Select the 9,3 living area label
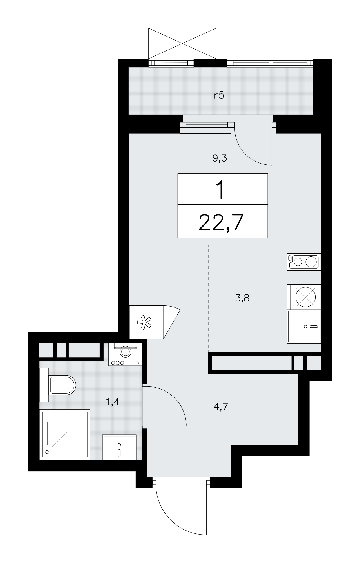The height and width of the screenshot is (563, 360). [x=220, y=158]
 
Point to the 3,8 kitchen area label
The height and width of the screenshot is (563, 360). [x=242, y=298]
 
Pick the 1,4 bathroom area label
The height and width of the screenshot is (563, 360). [x=113, y=402]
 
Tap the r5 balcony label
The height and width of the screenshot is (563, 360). [x=219, y=95]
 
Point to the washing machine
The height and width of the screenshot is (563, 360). [x=125, y=354]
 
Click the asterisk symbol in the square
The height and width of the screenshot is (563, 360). [x=144, y=322]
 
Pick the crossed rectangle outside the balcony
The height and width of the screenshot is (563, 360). [x=182, y=43]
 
